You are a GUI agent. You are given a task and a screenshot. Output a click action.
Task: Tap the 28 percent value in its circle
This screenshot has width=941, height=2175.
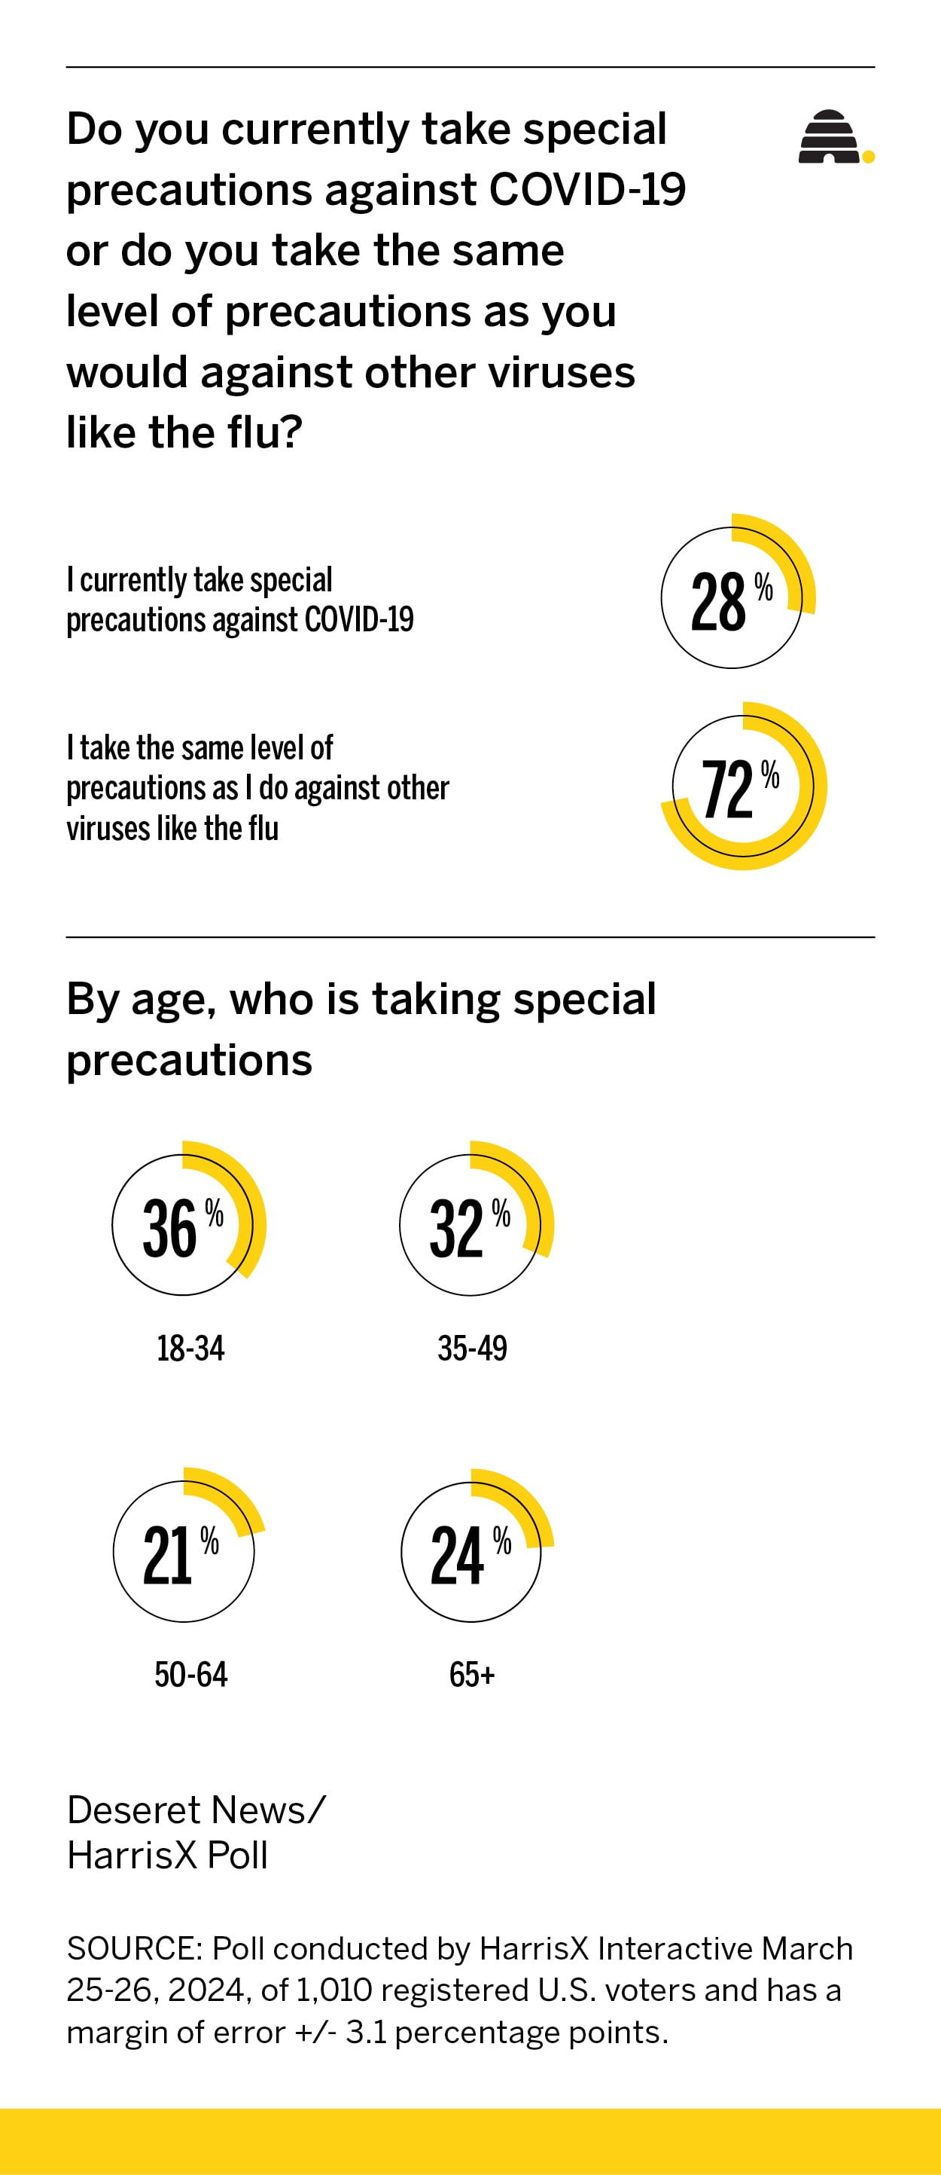pos(718,602)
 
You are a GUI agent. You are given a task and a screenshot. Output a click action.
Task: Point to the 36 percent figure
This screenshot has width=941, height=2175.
pos(169,1229)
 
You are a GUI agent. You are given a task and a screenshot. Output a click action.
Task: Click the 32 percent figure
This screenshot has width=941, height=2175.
pos(457,1229)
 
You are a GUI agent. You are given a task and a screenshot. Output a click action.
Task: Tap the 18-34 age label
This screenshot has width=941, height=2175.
pos(190,1349)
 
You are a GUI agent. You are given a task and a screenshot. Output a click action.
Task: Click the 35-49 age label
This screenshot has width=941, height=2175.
pos(472,1349)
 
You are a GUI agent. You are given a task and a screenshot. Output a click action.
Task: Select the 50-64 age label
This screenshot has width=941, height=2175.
pos(190,1674)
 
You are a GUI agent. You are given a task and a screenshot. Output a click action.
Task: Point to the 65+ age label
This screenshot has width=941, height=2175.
pos(472,1674)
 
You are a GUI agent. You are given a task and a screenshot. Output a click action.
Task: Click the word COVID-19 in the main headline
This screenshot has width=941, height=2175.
pos(587,189)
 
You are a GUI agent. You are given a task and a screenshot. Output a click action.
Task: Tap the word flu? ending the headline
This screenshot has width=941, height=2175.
pos(265,432)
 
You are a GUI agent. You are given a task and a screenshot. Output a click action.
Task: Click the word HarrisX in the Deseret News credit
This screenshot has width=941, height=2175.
pos(132,1855)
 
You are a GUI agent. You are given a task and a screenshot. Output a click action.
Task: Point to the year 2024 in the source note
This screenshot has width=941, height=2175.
pos(208,1990)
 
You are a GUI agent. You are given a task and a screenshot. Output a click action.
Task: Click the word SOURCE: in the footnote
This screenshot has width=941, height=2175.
pos(134,1949)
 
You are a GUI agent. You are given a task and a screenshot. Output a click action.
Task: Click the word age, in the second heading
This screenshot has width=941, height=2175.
pos(174,1000)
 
